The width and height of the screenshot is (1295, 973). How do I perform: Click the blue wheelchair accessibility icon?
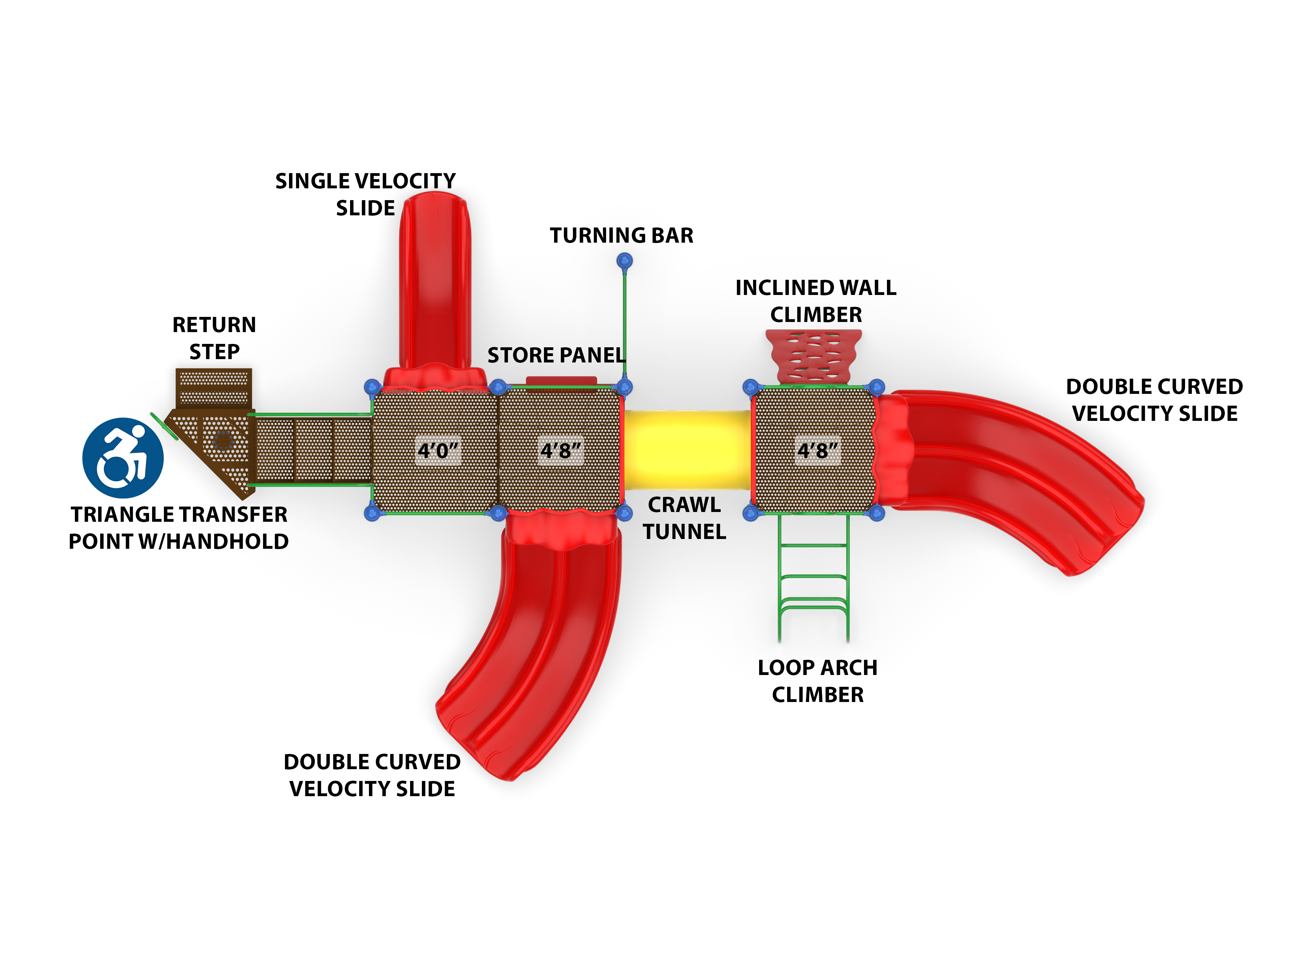[123, 458]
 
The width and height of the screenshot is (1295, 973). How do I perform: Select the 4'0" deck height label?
[438, 451]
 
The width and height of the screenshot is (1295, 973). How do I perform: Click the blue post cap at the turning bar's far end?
[625, 260]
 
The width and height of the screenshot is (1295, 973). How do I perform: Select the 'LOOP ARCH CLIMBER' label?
[817, 681]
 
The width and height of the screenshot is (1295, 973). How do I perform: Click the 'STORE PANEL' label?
[556, 355]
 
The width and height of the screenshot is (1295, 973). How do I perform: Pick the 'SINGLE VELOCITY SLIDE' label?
[365, 194]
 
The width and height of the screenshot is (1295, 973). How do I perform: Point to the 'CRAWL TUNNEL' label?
[684, 518]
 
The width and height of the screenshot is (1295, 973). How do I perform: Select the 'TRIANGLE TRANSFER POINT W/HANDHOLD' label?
[178, 528]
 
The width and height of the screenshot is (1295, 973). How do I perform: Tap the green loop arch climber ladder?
[813, 577]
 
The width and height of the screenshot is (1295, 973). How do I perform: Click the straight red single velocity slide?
[435, 281]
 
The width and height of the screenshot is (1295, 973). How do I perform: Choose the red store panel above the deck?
[561, 381]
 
